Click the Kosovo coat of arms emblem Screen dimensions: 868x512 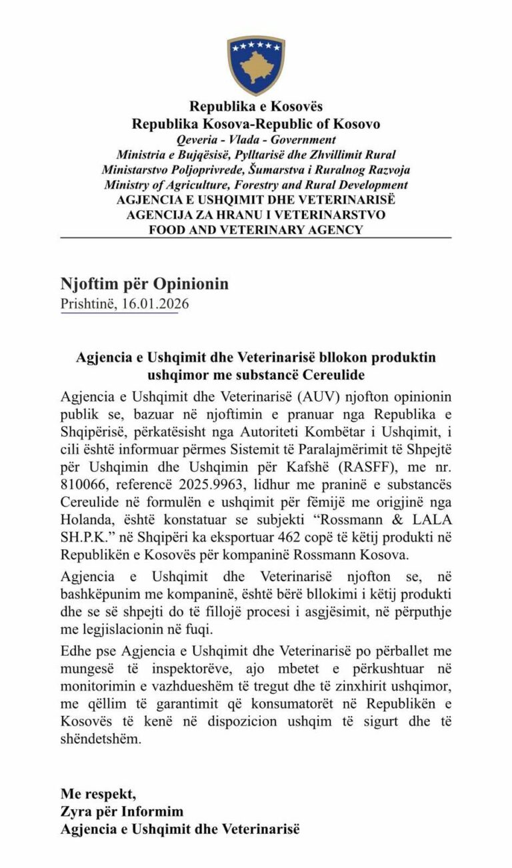point(256,64)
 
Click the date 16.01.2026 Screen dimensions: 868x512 point(155,304)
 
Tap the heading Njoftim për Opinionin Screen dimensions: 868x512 point(145,284)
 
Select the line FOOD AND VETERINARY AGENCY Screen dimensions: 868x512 point(256,230)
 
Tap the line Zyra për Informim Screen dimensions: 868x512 point(122,811)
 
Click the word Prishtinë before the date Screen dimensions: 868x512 point(88,304)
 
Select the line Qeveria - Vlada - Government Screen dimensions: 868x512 point(256,140)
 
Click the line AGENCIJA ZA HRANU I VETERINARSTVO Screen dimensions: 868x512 point(256,215)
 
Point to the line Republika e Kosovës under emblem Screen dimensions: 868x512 point(256,107)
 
